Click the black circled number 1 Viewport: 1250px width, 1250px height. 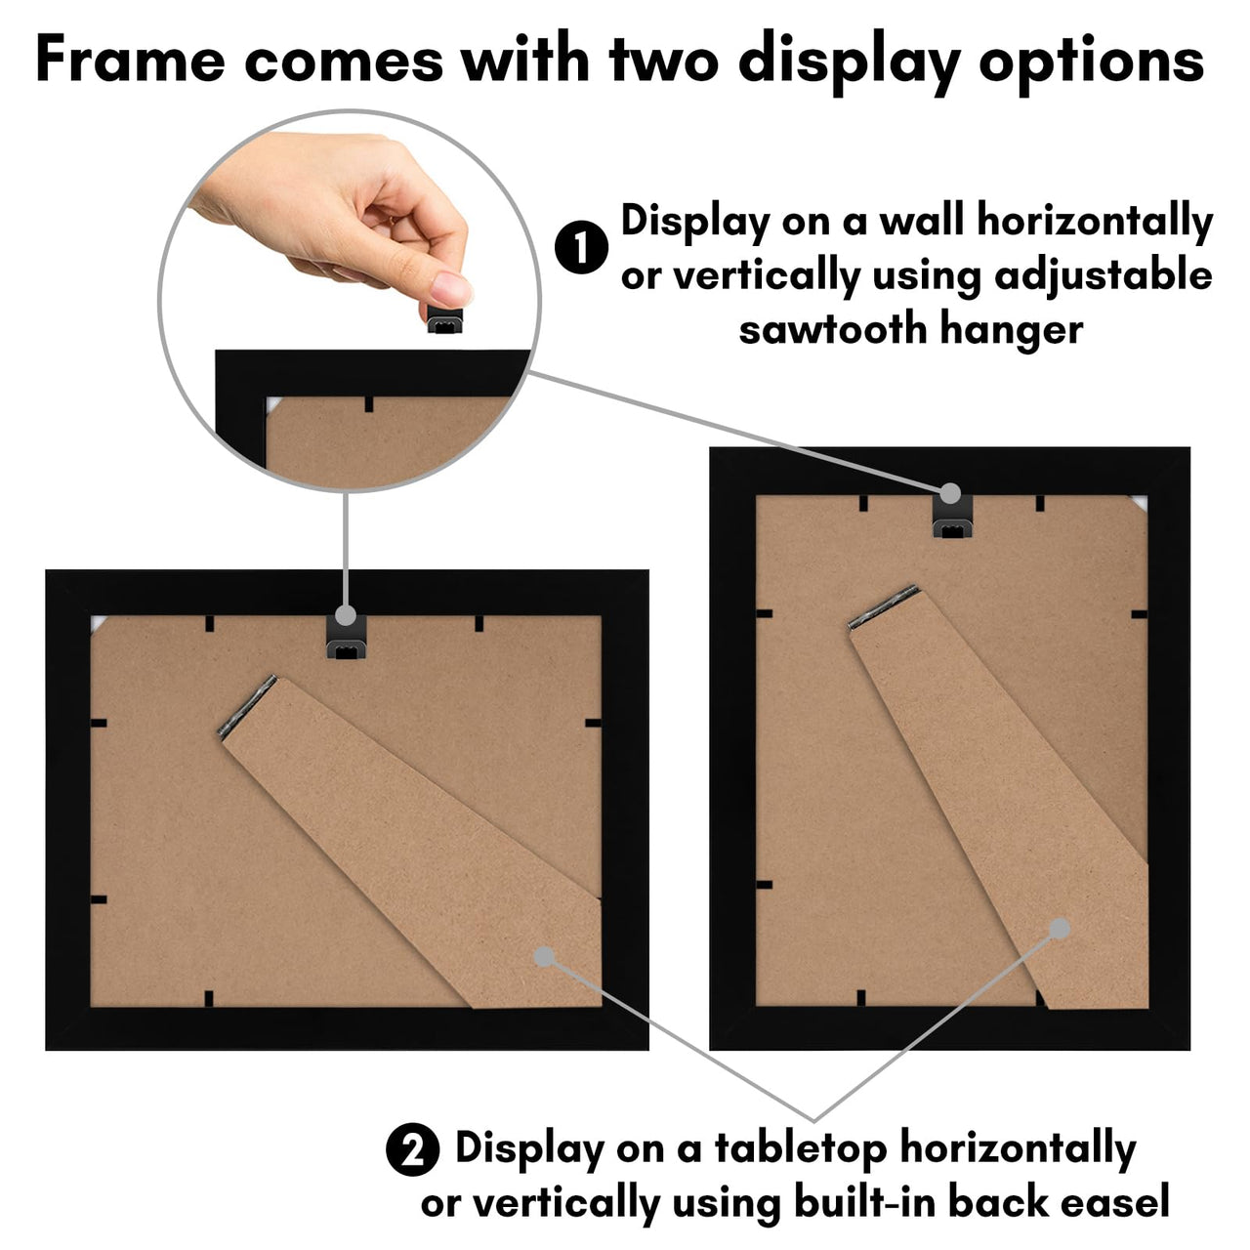click(x=581, y=247)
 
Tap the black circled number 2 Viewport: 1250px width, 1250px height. click(x=413, y=1149)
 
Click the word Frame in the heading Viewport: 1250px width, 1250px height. click(x=129, y=60)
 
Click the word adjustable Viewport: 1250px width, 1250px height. click(x=1103, y=275)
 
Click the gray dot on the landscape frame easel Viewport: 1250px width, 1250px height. click(x=544, y=957)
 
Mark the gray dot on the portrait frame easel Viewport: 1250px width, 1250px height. click(x=1060, y=928)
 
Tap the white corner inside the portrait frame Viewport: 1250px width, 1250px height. click(x=1139, y=502)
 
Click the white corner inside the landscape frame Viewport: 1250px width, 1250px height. click(x=98, y=623)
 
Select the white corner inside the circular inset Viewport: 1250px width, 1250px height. click(x=272, y=403)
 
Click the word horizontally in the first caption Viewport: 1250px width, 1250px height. click(x=1095, y=221)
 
